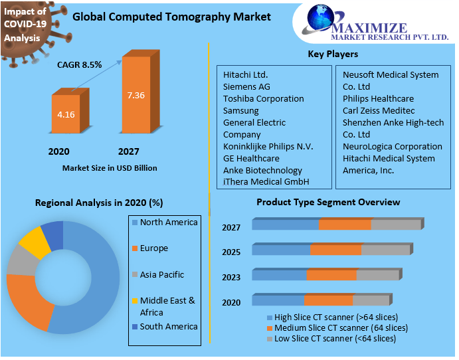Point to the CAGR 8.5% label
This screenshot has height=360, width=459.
coord(80,64)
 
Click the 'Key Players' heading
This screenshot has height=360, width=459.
coord(333,54)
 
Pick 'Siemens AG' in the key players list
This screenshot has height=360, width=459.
coord(246,86)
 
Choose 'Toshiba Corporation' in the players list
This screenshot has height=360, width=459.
coord(263,98)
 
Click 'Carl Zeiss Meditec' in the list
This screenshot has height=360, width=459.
coord(378,110)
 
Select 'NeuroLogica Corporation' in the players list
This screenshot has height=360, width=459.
coord(392,146)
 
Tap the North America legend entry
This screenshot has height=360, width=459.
coord(169,223)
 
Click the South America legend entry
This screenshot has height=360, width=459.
coord(169,326)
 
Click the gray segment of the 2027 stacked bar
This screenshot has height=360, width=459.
coord(396,225)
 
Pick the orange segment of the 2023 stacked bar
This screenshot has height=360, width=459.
coord(331,275)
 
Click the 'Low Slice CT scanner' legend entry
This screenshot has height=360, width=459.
coord(335,338)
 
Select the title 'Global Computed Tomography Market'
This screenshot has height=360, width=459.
coord(171,17)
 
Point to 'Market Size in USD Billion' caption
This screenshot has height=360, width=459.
coord(110,168)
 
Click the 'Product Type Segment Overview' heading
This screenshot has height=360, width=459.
coord(328,202)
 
